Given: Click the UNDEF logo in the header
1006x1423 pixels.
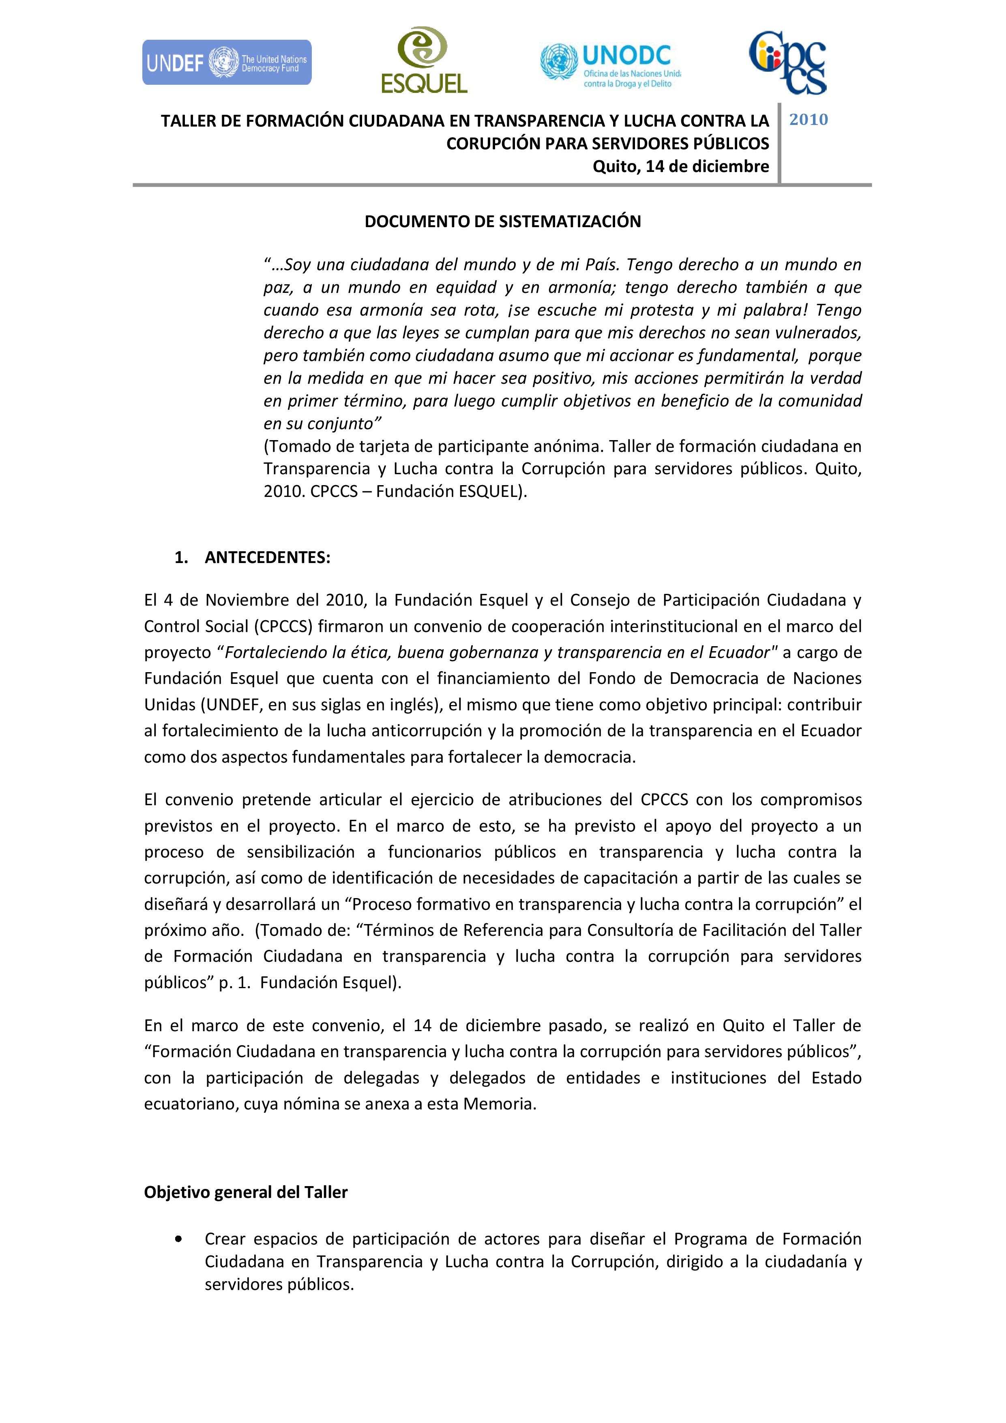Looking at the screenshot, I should [x=227, y=62].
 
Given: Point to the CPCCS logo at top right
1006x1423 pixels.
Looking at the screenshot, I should [x=788, y=62].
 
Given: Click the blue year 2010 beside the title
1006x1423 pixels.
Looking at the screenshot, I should [x=809, y=120].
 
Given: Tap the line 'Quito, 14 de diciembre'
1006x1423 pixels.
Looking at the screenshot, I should [x=681, y=167].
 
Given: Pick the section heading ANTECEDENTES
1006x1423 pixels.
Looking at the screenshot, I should [x=268, y=557].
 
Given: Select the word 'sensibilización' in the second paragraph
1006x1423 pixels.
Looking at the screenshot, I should [x=300, y=852].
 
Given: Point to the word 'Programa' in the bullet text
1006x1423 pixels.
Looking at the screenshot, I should [x=710, y=1239].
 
